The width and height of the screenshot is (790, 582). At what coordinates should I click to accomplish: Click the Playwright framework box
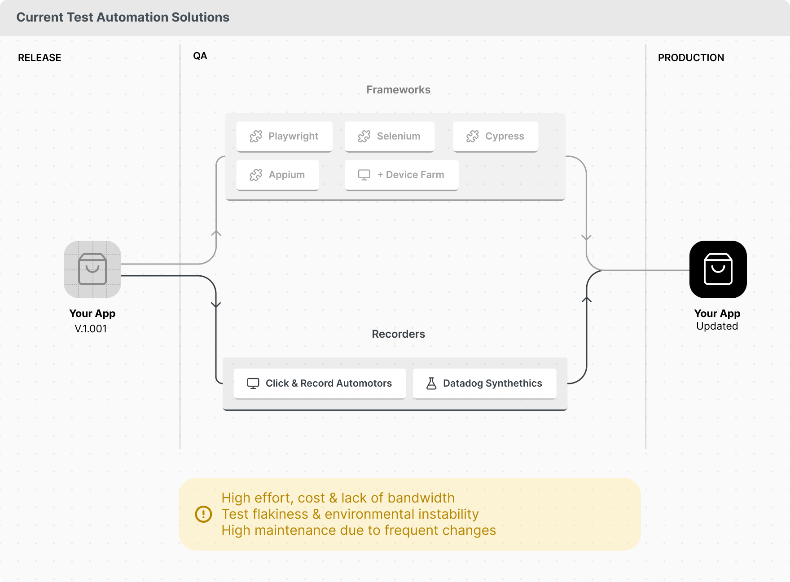(x=284, y=136)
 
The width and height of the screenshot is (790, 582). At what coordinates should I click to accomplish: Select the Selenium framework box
(x=389, y=136)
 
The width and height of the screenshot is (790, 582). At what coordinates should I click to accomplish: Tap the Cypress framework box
(x=495, y=136)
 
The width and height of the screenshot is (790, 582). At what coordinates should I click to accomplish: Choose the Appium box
(x=277, y=175)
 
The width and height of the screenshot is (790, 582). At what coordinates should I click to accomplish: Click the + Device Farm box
(x=401, y=175)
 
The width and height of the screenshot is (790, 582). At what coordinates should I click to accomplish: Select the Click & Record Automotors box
(x=319, y=383)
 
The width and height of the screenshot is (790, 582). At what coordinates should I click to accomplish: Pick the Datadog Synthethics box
(x=484, y=383)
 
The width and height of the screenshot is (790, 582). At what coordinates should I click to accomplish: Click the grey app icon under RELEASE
(x=92, y=269)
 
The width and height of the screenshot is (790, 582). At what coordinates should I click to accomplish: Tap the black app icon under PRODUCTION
(x=718, y=269)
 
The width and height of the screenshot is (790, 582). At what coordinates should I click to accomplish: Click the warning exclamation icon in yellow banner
(x=203, y=514)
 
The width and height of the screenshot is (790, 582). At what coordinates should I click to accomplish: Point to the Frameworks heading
(x=398, y=90)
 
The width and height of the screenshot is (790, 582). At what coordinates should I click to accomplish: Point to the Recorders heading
(x=398, y=334)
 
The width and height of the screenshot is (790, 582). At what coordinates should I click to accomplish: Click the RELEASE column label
(x=39, y=57)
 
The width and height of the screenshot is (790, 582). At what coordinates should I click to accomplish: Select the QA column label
(x=200, y=56)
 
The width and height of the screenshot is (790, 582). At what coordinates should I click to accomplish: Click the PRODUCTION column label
(x=691, y=57)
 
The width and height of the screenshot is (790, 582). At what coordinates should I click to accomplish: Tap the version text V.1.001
(x=91, y=329)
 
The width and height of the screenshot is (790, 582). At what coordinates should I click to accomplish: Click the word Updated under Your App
(x=717, y=326)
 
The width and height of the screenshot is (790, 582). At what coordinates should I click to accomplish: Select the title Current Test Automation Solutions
(x=123, y=18)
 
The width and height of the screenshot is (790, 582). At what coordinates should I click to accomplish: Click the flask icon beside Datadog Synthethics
(x=431, y=383)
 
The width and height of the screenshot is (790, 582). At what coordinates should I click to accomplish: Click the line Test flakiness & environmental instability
(x=350, y=514)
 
